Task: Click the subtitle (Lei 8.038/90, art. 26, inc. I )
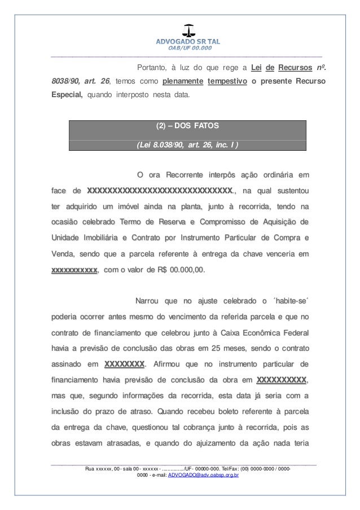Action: pos(187,144)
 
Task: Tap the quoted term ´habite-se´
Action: pos(289,299)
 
